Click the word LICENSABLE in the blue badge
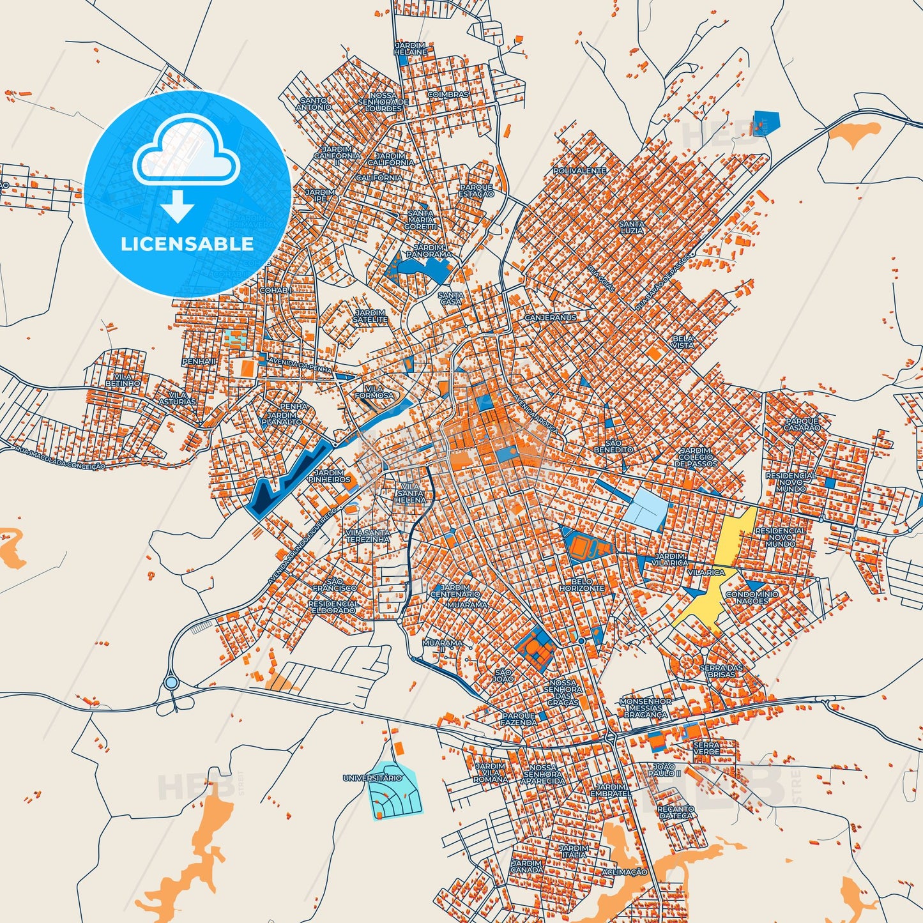click(187, 244)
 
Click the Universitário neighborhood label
click(372, 778)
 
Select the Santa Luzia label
click(632, 227)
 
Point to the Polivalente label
click(579, 171)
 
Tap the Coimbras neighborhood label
click(448, 95)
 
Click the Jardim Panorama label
click(429, 250)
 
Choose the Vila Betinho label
click(123, 380)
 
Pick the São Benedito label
click(613, 446)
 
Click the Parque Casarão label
click(802, 424)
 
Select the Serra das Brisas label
click(721, 671)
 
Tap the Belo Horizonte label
click(581, 584)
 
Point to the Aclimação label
click(624, 872)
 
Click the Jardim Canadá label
click(527, 866)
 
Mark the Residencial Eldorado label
click(333, 607)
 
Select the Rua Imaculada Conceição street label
click(59, 458)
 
